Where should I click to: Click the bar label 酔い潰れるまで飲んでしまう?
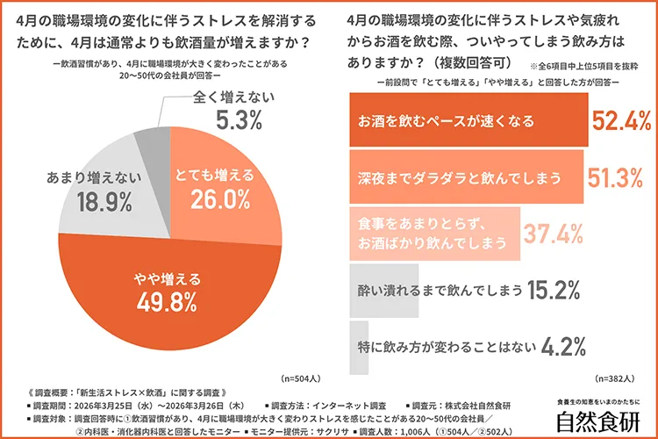(435, 289)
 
